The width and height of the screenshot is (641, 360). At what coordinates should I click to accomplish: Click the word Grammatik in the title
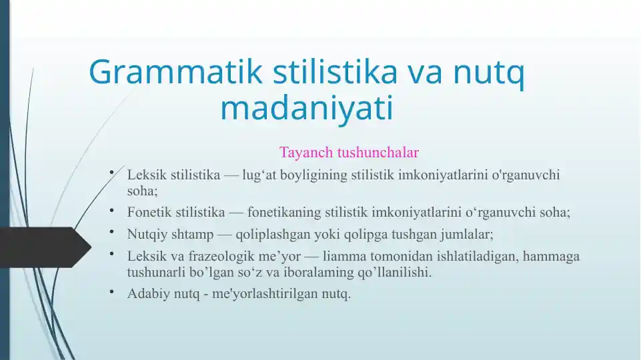click(x=175, y=72)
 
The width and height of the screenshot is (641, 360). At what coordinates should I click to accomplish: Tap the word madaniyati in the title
click(x=307, y=107)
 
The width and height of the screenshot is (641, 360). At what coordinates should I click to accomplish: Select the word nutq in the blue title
click(x=488, y=73)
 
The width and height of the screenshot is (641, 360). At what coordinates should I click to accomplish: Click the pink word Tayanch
click(x=306, y=153)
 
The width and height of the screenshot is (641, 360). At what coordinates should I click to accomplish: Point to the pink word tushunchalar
click(x=378, y=152)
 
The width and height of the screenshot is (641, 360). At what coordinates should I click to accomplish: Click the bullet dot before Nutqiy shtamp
click(x=111, y=232)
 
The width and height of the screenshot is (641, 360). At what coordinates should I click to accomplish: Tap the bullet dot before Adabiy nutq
click(x=111, y=291)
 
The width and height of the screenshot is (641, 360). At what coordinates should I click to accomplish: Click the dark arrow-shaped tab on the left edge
click(x=45, y=247)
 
